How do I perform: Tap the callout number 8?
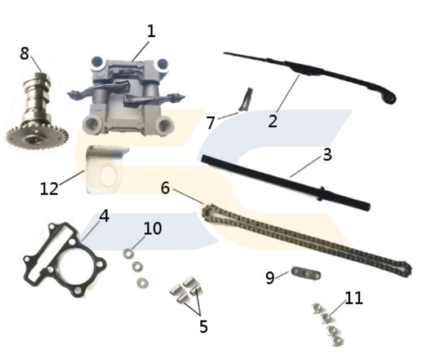click(24, 54)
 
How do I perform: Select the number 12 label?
click(49, 188)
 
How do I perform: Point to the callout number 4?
click(103, 217)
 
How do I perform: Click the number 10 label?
click(152, 228)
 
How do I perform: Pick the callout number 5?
click(203, 326)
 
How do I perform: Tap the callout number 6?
click(165, 188)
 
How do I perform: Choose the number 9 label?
click(270, 277)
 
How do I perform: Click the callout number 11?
click(354, 297)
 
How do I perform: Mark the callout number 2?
click(272, 120)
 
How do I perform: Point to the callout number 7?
click(210, 122)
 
